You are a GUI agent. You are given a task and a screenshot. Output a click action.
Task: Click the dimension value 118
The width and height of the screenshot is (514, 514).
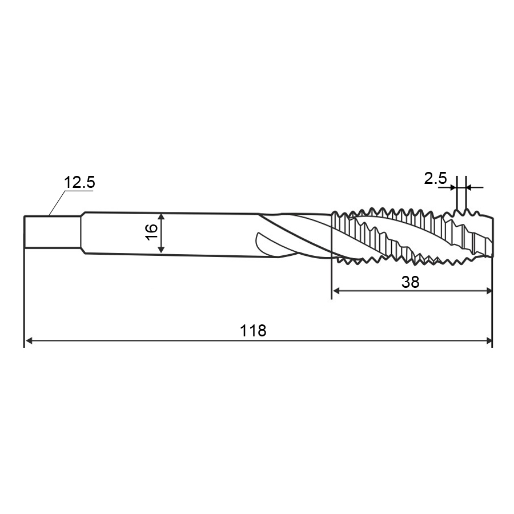coord(253,331)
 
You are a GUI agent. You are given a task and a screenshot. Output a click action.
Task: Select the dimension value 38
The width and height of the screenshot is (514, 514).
coord(411,282)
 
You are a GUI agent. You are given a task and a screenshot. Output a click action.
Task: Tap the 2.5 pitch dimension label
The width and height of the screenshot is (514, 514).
coord(435,178)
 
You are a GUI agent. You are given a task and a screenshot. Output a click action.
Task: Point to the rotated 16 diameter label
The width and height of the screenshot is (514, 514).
coord(152,232)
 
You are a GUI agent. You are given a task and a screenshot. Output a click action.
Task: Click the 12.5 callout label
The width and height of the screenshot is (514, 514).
coord(79,182)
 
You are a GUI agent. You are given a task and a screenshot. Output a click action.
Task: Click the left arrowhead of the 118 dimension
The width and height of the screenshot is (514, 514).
coord(29,341)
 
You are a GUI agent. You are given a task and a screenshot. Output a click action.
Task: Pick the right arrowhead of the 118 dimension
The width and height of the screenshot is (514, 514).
coord(488,341)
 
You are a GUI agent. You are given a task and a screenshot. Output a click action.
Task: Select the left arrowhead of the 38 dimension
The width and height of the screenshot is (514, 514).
coord(336,291)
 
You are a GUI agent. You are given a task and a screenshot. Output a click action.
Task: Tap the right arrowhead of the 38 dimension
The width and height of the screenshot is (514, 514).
coord(488,291)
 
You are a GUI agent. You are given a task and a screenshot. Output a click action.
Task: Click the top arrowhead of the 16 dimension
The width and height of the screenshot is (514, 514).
coord(161,217)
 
